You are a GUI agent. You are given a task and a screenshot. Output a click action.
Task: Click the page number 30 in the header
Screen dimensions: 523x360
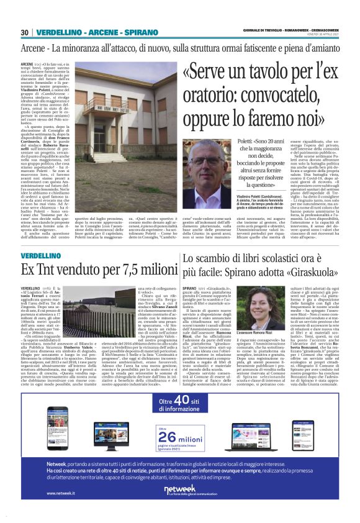click(x=25, y=32)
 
